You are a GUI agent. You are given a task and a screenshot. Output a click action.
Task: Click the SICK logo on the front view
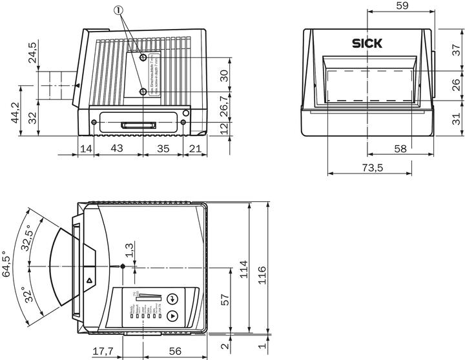click(367, 44)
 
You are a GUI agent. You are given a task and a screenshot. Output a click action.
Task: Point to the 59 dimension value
click(402, 6)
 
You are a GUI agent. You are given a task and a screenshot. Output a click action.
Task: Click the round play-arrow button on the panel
click(172, 316)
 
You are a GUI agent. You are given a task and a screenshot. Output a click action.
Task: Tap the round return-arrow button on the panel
click(172, 299)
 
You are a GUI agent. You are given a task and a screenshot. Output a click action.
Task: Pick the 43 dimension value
click(117, 148)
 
